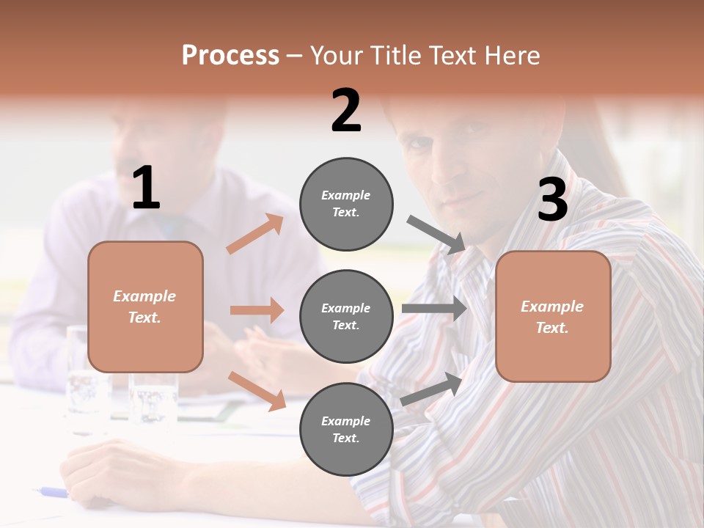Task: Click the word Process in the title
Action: coord(230,56)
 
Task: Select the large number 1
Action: coord(146,188)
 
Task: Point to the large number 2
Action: coord(346,111)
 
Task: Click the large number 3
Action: coord(552,200)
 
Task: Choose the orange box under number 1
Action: coord(145,307)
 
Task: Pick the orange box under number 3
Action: coord(553,316)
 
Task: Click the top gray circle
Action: coord(346,204)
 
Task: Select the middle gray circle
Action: coord(346,316)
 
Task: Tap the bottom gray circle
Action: coord(346,429)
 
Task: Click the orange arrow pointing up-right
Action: coord(255,234)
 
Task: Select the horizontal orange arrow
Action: coord(257,310)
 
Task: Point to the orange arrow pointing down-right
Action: coord(257,390)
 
